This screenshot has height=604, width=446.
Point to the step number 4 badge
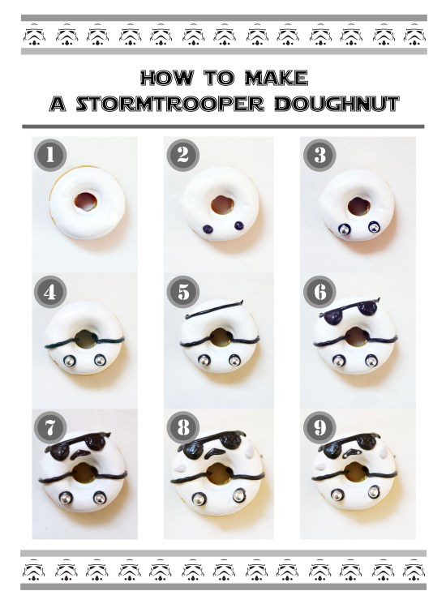tap(50, 291)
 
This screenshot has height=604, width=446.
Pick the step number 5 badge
tap(184, 291)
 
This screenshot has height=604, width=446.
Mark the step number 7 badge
tap(50, 427)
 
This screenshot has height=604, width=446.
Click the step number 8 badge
tap(184, 427)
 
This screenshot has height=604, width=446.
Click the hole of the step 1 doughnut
tap(84, 200)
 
